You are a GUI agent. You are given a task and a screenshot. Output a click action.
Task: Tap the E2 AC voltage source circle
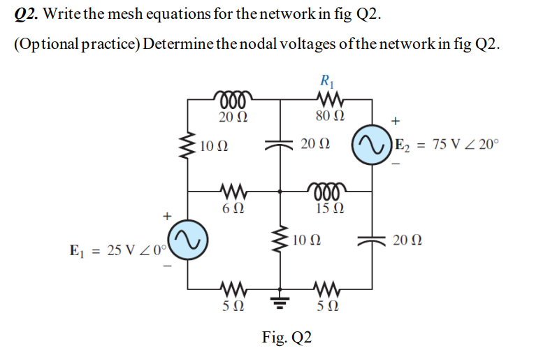tap(371, 145)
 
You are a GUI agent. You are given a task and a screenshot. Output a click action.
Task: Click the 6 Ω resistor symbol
tap(232, 188)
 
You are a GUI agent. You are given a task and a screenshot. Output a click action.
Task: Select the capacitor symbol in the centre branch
tap(281, 144)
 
